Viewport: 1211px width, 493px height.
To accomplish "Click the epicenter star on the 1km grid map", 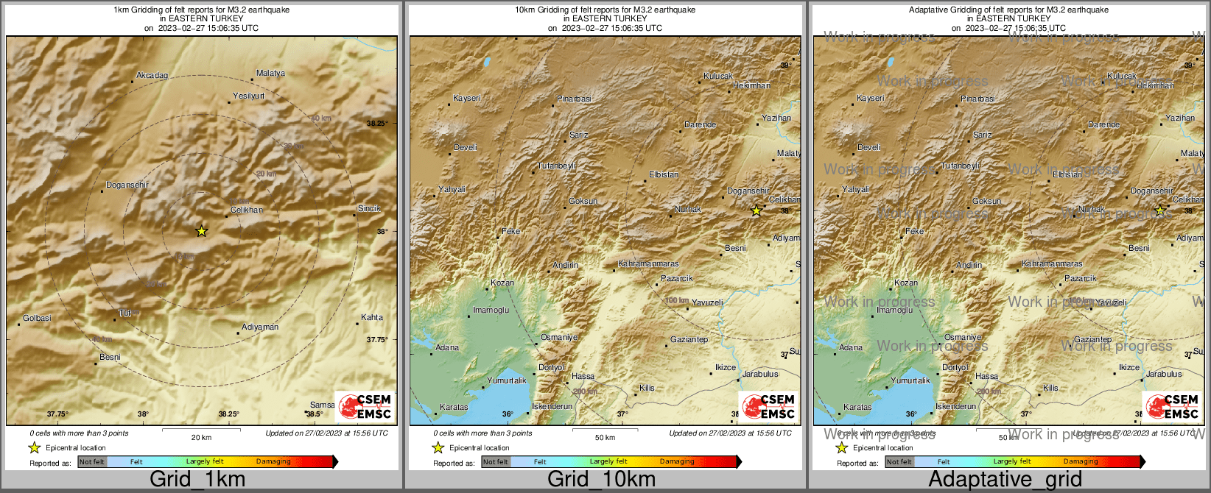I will click(202, 231).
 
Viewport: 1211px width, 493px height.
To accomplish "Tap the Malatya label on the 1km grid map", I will click(270, 74).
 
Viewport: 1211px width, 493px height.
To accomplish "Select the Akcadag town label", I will click(152, 76).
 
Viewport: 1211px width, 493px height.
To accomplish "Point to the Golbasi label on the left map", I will click(38, 318).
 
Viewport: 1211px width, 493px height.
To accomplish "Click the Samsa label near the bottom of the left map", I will click(322, 405).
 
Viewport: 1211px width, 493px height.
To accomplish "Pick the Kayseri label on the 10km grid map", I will click(467, 98).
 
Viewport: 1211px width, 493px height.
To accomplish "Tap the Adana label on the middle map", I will click(447, 347).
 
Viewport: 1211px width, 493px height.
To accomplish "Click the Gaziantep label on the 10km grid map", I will click(689, 339).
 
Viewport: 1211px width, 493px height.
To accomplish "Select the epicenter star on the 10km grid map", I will click(756, 211).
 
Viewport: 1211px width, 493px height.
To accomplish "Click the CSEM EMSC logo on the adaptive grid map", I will click(1172, 406).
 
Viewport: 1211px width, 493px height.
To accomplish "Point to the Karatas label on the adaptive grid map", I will click(857, 407).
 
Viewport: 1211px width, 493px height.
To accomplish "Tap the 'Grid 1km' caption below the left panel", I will click(197, 479).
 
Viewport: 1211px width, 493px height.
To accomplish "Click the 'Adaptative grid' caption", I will click(1005, 479).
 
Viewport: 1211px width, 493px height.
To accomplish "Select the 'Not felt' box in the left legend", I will click(92, 461).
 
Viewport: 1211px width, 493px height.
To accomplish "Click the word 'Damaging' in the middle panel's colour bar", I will click(677, 461).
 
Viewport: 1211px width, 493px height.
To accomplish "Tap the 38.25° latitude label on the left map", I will click(377, 123).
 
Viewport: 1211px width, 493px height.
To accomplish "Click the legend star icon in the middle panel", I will click(438, 447).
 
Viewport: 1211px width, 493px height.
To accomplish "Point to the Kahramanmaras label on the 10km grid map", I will click(648, 263).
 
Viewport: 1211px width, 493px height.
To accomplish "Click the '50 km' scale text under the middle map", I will click(605, 438).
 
